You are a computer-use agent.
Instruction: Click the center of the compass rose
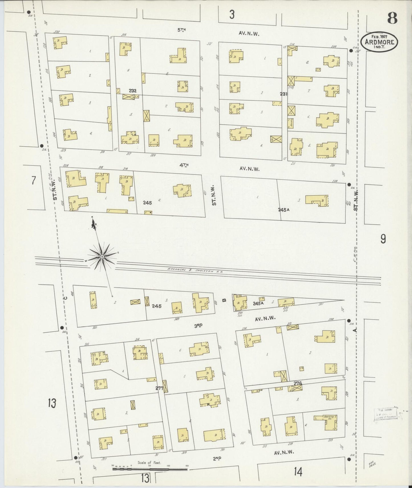(102, 257)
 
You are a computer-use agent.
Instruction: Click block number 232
(133, 91)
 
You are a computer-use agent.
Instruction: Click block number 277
(159, 388)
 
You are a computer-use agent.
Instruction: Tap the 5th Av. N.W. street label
(181, 30)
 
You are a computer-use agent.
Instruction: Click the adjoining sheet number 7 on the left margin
(34, 181)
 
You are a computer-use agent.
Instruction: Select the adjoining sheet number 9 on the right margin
(383, 239)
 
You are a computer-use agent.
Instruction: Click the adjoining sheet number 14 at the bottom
(298, 472)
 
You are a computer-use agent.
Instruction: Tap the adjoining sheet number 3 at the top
(232, 15)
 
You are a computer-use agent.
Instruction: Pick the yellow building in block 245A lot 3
(316, 200)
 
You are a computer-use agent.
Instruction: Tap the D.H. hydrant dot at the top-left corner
(29, 12)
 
